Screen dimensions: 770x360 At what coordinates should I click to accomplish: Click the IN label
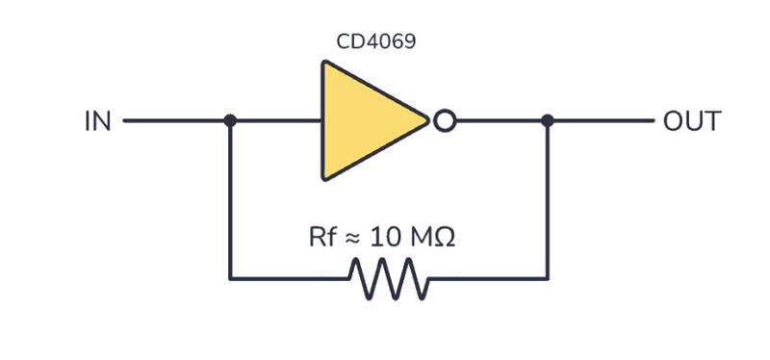[x=98, y=121]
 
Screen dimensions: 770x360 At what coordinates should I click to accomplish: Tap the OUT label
[x=692, y=121]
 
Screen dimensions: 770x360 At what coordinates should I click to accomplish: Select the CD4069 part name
[x=375, y=41]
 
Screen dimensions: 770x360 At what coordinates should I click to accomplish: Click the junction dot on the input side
[x=230, y=120]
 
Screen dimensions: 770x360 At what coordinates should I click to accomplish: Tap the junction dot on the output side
[x=547, y=120]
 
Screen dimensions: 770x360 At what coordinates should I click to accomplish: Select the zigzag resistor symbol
[x=389, y=278]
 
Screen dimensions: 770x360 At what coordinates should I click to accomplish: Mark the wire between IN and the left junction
[x=176, y=120]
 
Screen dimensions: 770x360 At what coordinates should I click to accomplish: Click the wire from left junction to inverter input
[x=276, y=120]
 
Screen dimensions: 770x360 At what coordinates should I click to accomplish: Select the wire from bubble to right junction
[x=501, y=120]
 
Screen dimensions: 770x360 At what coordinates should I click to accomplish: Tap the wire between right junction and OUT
[x=601, y=120]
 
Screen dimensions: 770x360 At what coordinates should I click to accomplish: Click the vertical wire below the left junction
[x=230, y=199]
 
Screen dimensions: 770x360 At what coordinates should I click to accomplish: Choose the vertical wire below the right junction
[x=547, y=199]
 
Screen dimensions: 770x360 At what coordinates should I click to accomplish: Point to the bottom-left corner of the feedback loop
[x=230, y=278]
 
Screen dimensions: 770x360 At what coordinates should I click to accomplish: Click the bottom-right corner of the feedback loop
[x=547, y=278]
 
